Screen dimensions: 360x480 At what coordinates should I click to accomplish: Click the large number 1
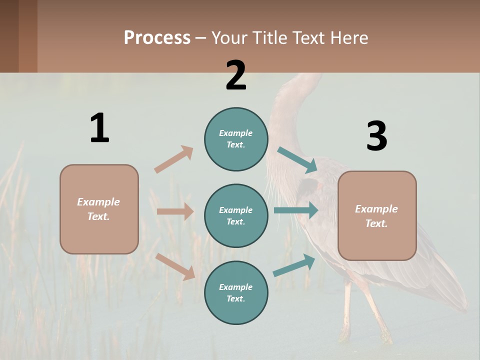tap(99, 128)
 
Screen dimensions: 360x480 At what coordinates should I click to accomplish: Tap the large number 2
tap(236, 75)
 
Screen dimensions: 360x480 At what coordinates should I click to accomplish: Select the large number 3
tap(377, 136)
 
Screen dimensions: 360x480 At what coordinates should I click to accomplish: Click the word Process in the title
tap(157, 37)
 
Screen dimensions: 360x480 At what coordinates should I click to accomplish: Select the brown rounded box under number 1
tap(99, 209)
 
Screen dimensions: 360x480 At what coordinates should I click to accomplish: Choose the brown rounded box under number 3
tap(377, 215)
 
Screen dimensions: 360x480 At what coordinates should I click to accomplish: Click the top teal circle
tap(236, 139)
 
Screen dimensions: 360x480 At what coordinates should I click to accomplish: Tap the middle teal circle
tap(236, 215)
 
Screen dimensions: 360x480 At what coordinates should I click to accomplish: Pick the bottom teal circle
tap(236, 292)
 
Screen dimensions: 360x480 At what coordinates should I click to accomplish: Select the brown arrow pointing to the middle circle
tap(175, 211)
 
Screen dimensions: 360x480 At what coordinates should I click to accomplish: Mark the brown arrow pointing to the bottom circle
tap(175, 266)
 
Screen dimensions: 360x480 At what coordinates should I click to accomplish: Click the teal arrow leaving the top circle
tap(297, 160)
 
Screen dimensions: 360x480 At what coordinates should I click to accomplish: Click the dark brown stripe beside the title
tap(27, 36)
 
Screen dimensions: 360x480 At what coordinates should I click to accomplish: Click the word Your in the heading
tap(229, 37)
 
